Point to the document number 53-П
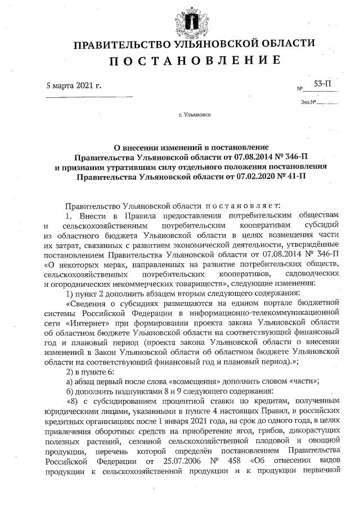322,84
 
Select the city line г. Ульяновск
194,115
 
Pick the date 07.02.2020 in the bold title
250,177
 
